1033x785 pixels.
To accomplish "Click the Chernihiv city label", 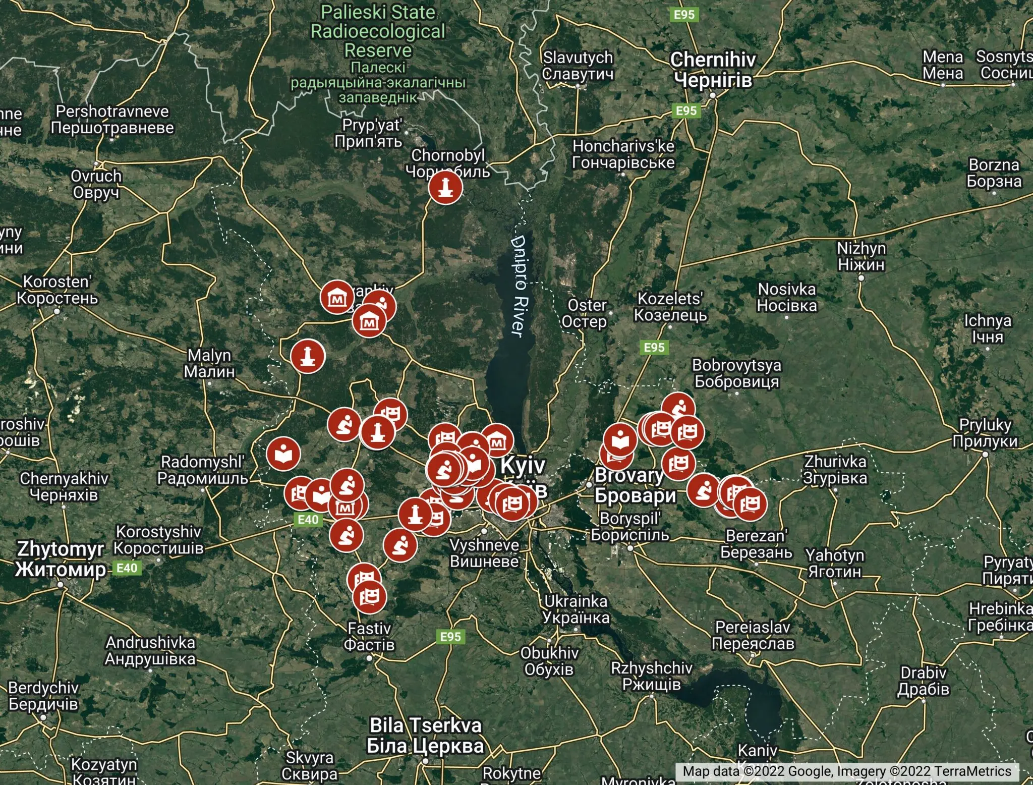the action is coord(713,70).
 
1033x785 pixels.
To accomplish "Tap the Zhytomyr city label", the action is coord(60,558).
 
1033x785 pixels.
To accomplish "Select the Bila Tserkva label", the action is coord(426,735).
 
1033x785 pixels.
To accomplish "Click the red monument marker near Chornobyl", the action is coord(445,187).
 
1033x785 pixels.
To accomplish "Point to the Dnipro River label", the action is coord(519,286).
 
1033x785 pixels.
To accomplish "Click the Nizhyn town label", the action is coord(861,256).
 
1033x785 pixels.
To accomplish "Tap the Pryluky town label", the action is coord(985,432).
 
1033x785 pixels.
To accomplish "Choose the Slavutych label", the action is coord(578,66).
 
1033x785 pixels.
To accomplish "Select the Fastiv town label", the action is coord(369,636).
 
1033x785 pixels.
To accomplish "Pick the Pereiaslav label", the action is coord(753,635).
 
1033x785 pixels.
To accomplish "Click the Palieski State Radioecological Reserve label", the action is coord(378,31).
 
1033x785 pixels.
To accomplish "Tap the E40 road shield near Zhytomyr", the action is coord(127,568).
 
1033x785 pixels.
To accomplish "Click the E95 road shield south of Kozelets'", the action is coord(654,347).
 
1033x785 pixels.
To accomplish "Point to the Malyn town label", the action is coord(209,363).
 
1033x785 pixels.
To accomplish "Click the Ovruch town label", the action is coord(96,184).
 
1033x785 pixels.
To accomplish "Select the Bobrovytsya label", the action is coord(736,373).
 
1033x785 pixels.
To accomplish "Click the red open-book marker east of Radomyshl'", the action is coord(283,453).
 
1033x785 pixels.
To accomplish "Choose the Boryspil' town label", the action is coord(630,526).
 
